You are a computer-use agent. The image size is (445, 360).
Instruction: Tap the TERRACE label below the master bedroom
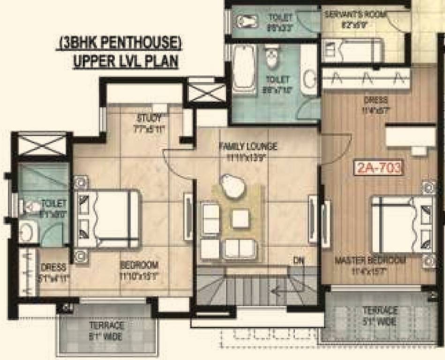pyautogui.click(x=379, y=311)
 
